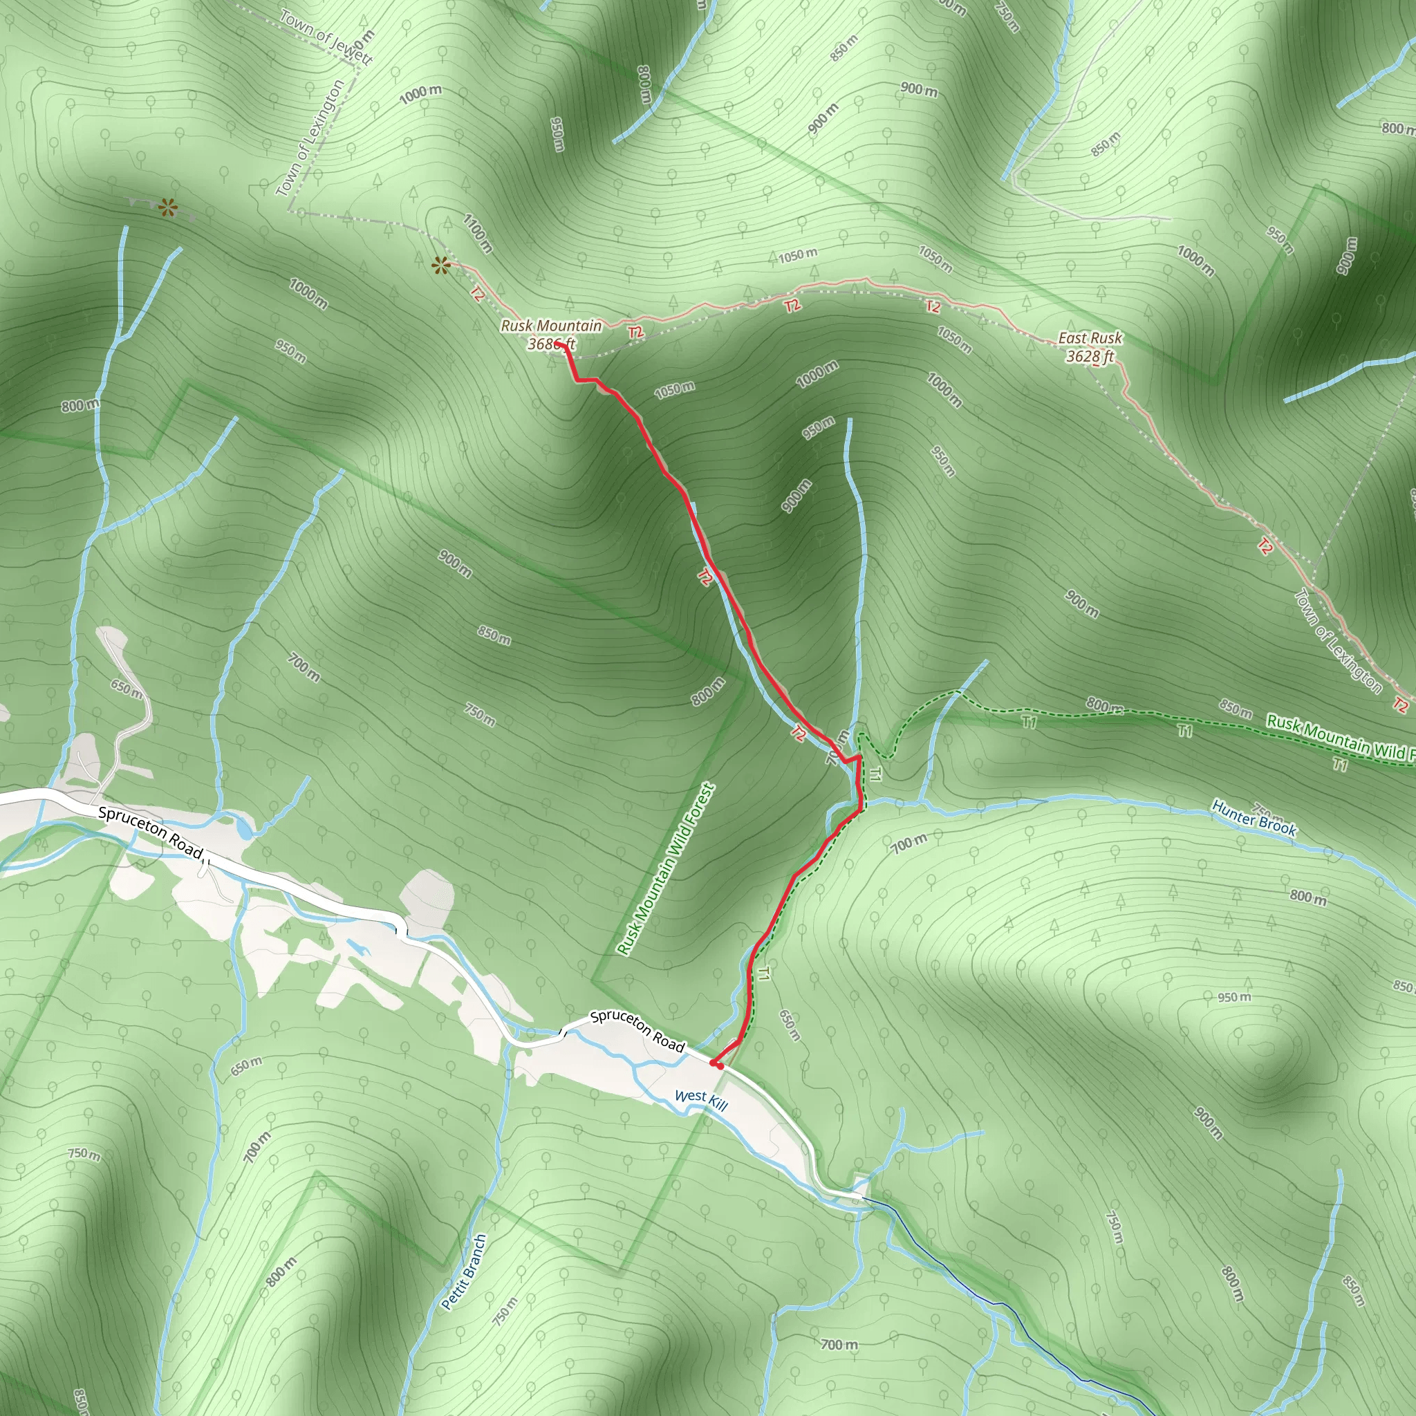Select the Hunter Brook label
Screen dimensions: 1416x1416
pos(1254,819)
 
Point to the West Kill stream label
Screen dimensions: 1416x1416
pos(700,1099)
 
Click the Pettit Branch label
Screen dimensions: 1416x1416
pos(464,1271)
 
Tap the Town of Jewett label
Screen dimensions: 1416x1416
pos(327,37)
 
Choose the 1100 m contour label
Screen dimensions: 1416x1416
pos(477,232)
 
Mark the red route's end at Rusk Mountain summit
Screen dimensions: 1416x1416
pos(559,343)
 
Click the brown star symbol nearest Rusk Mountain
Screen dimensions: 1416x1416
pos(440,265)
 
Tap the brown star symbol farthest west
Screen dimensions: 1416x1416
pos(168,208)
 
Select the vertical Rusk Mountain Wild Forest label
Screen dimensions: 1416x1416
pos(666,868)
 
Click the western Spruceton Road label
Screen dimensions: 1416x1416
pos(150,832)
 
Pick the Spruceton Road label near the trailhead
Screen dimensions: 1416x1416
pos(637,1030)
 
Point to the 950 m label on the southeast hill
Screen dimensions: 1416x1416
pos(1234,997)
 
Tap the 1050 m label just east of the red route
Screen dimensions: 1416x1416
pos(674,389)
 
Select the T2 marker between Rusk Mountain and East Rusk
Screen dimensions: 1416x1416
pos(792,306)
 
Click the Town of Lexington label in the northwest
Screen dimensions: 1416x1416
pos(310,138)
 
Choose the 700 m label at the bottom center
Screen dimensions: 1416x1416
pos(839,1344)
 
